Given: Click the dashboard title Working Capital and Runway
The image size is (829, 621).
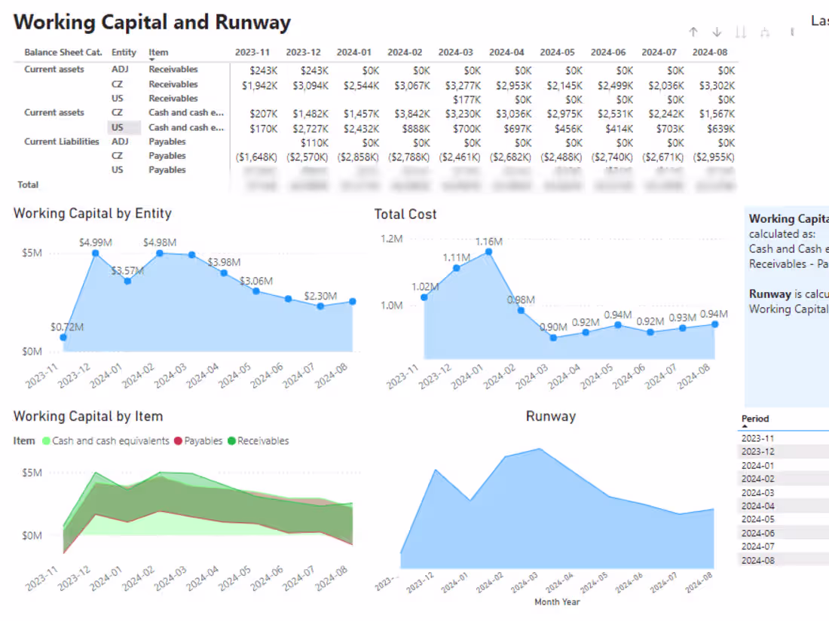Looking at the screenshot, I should point(151,22).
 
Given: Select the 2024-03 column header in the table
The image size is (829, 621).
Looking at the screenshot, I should point(455,53).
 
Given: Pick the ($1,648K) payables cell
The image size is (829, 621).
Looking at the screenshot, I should point(256,157).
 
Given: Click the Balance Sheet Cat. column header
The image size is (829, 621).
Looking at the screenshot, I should point(63,53).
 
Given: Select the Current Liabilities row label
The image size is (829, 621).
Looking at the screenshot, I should point(61,142).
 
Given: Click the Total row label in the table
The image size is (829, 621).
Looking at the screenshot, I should point(28,184).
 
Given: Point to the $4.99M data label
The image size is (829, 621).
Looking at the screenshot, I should point(95,242).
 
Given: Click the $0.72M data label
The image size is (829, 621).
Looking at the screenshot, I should point(67,327).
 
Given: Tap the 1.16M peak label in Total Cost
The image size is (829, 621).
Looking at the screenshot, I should point(488,242).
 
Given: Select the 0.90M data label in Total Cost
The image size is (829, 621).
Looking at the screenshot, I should point(554,327).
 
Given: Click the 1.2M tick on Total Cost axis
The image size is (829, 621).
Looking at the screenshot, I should point(391,239).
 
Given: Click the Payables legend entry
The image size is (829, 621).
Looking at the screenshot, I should point(203,441).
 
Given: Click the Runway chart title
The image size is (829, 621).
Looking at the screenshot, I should point(550,416).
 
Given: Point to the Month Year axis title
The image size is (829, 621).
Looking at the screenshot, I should point(557,601).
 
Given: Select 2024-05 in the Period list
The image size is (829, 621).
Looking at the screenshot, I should point(757,519).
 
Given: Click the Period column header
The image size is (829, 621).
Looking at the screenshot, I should point(755,419).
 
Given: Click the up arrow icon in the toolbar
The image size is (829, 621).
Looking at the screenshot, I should point(693,32).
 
